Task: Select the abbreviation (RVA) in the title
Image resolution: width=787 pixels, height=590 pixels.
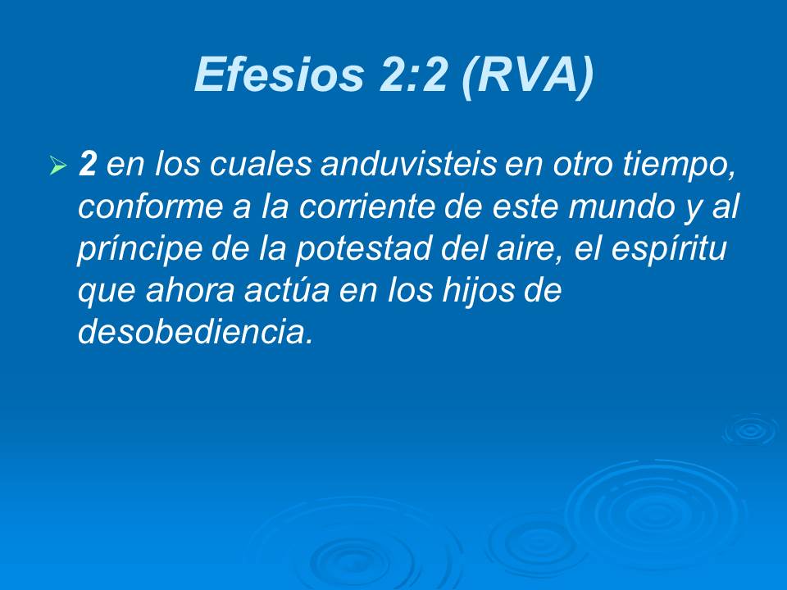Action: (525, 76)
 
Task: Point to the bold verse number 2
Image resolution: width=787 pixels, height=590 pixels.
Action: (87, 166)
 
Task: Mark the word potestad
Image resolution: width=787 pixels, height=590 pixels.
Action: (342, 250)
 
